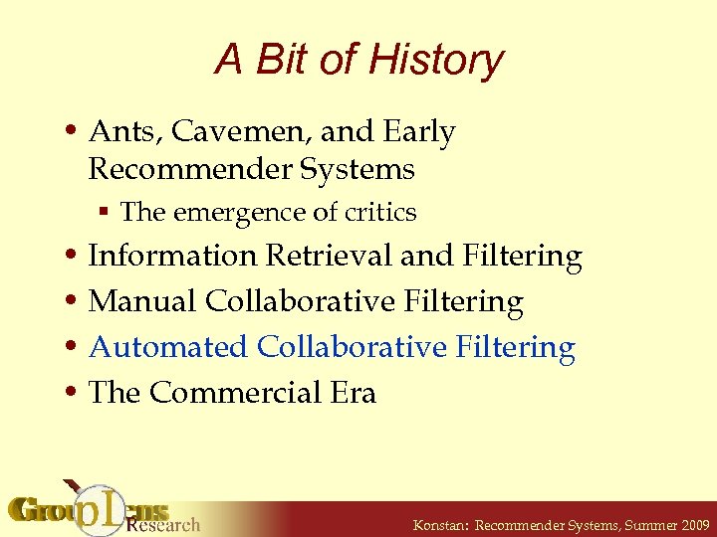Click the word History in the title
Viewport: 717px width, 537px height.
[x=435, y=61]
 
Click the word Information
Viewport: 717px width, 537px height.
[x=172, y=256]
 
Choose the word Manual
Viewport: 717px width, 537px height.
[x=142, y=301]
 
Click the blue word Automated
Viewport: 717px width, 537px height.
[x=168, y=347]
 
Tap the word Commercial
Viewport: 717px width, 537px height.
[x=235, y=393]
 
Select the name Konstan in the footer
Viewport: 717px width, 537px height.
[x=437, y=524]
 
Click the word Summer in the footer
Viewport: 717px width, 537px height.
[x=630, y=524]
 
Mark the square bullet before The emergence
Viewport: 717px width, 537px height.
[x=104, y=213]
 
